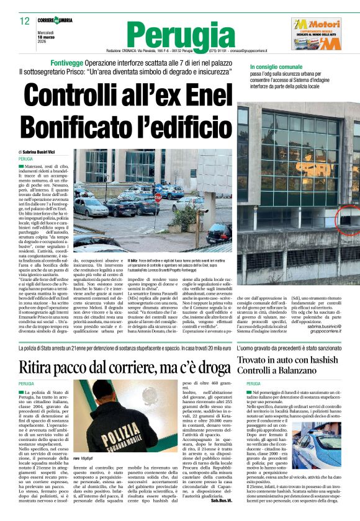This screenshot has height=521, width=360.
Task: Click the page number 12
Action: pyautogui.click(x=25, y=20)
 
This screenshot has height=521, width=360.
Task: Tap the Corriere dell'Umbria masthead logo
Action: pyautogui.click(x=55, y=20)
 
